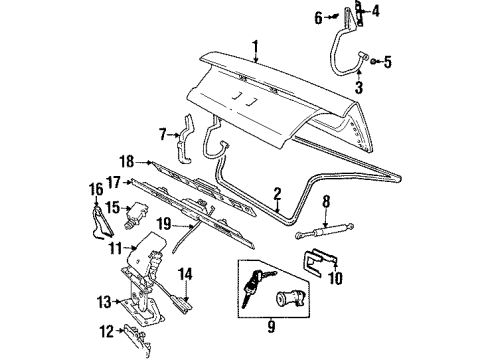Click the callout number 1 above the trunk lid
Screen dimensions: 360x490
tap(255, 45)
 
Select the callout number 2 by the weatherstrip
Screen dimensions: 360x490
tap(278, 193)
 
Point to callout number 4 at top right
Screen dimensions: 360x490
tap(376, 13)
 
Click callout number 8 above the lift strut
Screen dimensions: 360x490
tap(325, 203)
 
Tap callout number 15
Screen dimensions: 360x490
tap(113, 207)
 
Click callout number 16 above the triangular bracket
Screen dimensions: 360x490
tap(97, 187)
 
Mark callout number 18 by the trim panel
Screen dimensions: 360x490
tap(126, 159)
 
